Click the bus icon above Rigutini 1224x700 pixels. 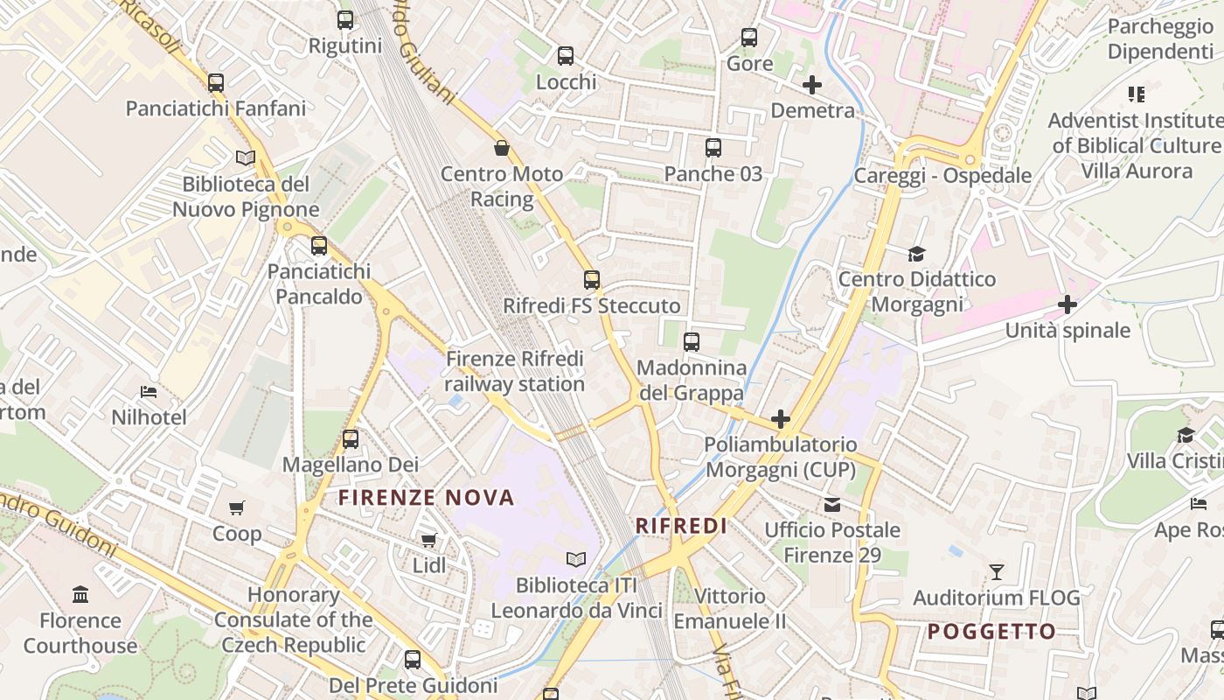pos(345,19)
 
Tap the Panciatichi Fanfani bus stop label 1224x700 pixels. pos(216,108)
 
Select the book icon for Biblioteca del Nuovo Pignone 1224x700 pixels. pos(246,157)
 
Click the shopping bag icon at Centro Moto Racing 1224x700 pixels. pos(502,147)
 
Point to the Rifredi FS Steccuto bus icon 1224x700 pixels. pos(592,280)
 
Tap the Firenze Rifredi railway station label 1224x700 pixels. pos(514,372)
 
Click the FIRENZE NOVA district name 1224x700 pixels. pos(427,498)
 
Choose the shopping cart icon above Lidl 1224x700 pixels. pos(428,540)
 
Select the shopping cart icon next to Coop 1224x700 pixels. pos(237,507)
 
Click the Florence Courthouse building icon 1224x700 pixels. pos(80,595)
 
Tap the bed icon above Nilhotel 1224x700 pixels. pos(149,391)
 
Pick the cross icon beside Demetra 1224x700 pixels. pos(811,85)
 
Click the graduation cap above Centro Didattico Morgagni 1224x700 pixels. pos(916,254)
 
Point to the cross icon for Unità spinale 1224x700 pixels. pos(1067,304)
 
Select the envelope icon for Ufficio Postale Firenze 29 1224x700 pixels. pos(831,504)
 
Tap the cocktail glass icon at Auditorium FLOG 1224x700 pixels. pos(996,572)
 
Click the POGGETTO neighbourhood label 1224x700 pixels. pos(991,632)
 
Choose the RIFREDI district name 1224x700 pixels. pos(681,526)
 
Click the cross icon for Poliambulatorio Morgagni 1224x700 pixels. pos(781,419)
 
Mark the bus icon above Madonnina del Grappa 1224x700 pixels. pos(692,341)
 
